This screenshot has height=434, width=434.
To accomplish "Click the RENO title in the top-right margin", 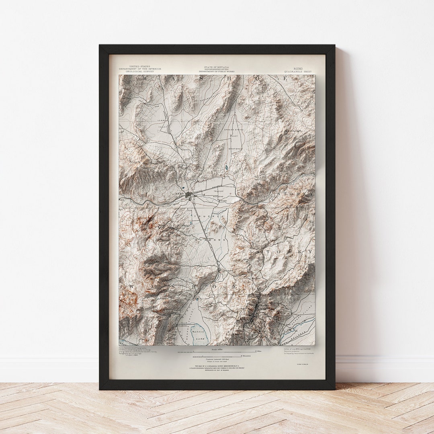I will (298, 69).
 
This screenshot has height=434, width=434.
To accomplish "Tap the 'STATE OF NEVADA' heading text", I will (217, 67).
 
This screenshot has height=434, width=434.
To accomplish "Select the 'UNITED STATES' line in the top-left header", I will (139, 66).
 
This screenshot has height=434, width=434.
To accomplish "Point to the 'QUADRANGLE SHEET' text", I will (298, 72).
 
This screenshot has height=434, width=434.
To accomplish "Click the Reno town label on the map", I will (179, 194).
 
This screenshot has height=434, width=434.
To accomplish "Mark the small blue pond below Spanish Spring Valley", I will (227, 167).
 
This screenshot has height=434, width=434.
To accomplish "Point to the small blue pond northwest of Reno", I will (183, 187).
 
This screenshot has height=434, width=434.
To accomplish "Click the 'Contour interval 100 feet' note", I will (217, 359).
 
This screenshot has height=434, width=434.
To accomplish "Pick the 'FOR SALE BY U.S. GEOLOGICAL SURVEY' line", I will (217, 366).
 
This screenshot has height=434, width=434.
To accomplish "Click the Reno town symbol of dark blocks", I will (189, 195).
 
